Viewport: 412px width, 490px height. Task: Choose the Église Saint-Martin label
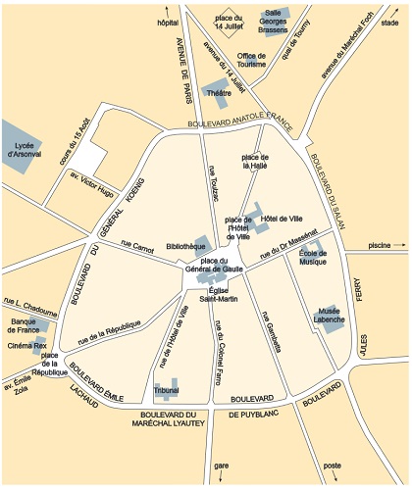219,293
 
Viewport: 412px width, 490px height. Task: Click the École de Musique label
313,257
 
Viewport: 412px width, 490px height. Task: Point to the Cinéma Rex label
26,345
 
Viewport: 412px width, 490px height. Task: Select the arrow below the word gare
221,476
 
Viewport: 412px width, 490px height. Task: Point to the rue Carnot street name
136,238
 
